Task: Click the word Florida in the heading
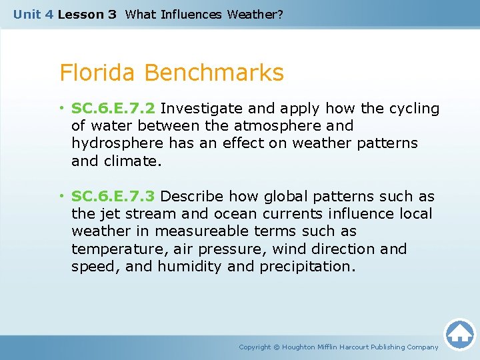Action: tap(99, 73)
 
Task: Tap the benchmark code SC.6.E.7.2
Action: tap(113, 109)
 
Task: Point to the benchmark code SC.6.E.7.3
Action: tap(113, 197)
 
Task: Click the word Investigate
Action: tap(203, 109)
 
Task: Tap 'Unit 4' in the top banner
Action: tap(33, 14)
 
